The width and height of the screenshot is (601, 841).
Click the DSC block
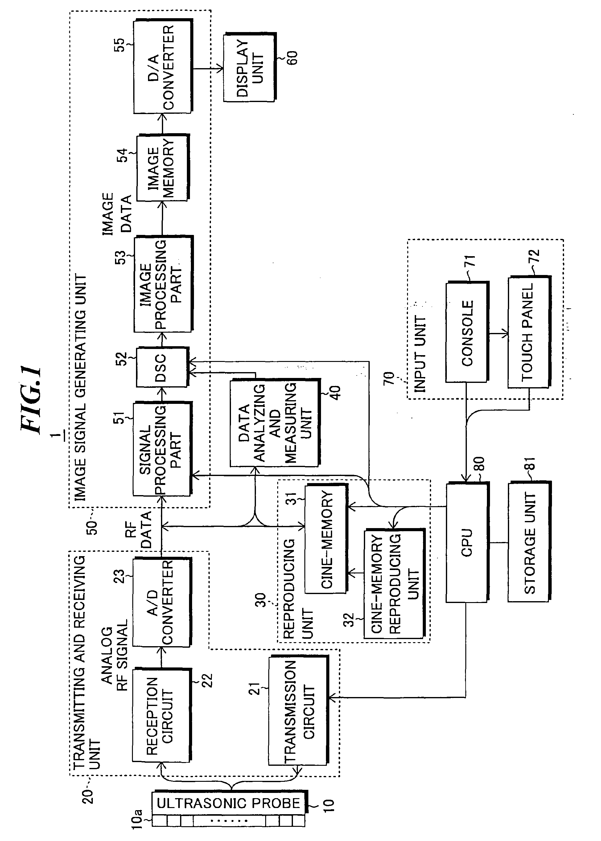coord(162,367)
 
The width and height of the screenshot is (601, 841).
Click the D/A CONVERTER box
coord(163,67)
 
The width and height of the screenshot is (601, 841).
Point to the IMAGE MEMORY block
coord(162,168)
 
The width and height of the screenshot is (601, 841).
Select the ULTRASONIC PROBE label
coord(228,803)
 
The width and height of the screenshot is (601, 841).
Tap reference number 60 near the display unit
coord(292,57)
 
